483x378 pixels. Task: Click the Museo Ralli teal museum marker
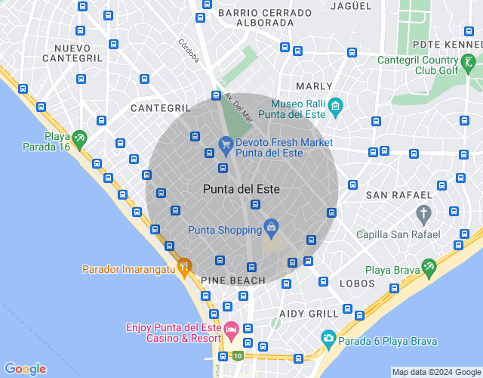coord(336,104)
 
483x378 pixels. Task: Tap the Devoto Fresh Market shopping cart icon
coord(225,143)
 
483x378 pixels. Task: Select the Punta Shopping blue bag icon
coord(271,226)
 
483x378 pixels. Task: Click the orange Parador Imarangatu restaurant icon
coord(185,266)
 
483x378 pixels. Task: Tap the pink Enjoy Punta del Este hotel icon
coord(231,329)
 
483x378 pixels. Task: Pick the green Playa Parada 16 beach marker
coord(79,138)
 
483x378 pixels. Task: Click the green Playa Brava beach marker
coord(429,266)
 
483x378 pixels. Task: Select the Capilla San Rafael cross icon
coord(424,214)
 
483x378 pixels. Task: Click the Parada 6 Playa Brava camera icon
coord(328,337)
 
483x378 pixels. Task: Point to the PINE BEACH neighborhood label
coord(233,280)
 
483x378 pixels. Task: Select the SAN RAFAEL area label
coord(398,195)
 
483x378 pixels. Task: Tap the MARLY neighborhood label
coord(314,87)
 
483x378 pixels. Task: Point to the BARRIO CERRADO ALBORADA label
coord(264,18)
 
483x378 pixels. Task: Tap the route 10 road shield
coord(238,356)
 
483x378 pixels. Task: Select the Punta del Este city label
coord(241,189)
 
